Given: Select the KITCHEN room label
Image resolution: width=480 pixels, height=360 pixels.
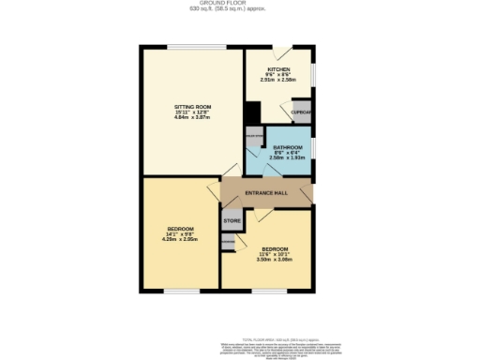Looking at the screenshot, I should (278, 69).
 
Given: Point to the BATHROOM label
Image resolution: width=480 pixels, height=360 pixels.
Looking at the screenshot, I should (288, 148).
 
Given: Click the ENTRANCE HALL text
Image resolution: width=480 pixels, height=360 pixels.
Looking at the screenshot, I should (265, 194).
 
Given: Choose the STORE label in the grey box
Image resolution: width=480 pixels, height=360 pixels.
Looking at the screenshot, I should (232, 221).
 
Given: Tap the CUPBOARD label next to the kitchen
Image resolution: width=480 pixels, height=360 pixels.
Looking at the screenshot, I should (301, 113).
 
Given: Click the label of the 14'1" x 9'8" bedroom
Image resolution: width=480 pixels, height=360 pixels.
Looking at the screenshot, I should (180, 230).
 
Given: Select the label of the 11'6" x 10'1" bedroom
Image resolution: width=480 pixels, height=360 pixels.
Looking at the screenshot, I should (276, 249).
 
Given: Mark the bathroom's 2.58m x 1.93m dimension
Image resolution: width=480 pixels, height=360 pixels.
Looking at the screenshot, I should (288, 158).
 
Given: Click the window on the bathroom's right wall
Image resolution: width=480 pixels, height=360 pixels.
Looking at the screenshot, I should (314, 148).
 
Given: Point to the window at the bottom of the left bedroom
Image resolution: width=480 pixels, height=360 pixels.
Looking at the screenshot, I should (181, 291).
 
